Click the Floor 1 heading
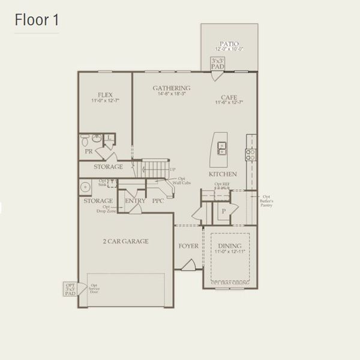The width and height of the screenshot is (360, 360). click(x=37, y=20)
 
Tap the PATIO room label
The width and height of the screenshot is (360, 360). click(x=229, y=44)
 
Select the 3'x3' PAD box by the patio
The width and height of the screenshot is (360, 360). click(x=217, y=63)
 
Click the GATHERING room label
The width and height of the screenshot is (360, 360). click(x=172, y=88)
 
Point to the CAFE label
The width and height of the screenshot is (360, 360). click(x=229, y=97)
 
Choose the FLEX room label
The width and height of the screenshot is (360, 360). click(x=106, y=95)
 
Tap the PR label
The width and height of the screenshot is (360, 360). click(x=89, y=152)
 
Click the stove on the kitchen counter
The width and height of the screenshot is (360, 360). click(x=250, y=154)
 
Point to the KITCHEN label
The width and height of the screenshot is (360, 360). click(x=223, y=174)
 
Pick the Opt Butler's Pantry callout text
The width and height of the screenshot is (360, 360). click(x=266, y=201)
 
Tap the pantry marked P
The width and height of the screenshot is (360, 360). click(x=223, y=211)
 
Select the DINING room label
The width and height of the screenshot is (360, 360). click(x=230, y=246)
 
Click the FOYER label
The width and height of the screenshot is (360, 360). click(x=188, y=246)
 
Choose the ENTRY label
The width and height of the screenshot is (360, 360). click(x=136, y=201)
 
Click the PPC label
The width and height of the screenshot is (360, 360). click(x=158, y=201)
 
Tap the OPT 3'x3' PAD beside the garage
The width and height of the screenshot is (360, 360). click(x=71, y=289)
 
